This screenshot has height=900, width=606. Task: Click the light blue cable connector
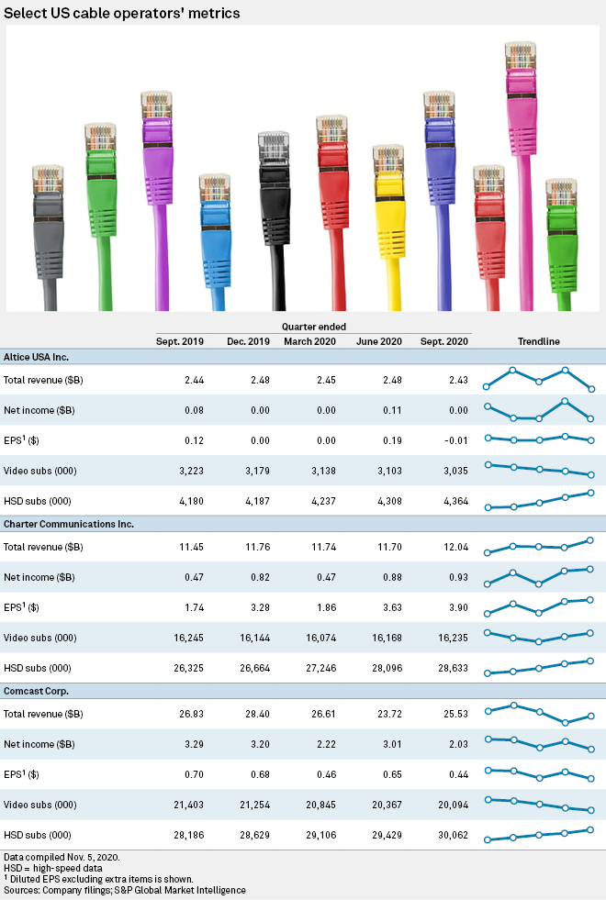pyautogui.click(x=216, y=220)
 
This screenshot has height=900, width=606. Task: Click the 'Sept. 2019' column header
pyautogui.click(x=175, y=341)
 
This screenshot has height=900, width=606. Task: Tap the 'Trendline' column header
pyautogui.click(x=539, y=341)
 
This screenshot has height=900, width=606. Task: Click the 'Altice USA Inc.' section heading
pyautogui.click(x=37, y=357)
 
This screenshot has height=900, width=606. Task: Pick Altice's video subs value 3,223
pyautogui.click(x=174, y=470)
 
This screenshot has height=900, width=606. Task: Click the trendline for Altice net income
pyautogui.click(x=539, y=410)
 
